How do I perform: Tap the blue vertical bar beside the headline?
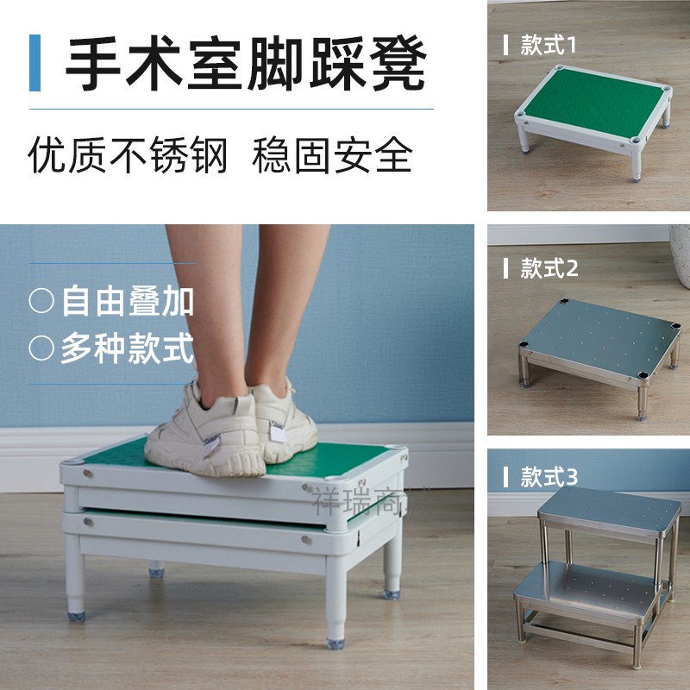click(x=34, y=64)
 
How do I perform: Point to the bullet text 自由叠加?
click(x=128, y=301)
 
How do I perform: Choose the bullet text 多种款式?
click(x=127, y=348)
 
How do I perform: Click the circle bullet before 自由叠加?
click(x=41, y=301)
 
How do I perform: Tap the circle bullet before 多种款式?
click(x=41, y=348)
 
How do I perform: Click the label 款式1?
click(x=549, y=45)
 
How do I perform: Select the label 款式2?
click(x=549, y=268)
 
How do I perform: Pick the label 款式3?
click(x=549, y=476)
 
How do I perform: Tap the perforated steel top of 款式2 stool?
click(x=600, y=342)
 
